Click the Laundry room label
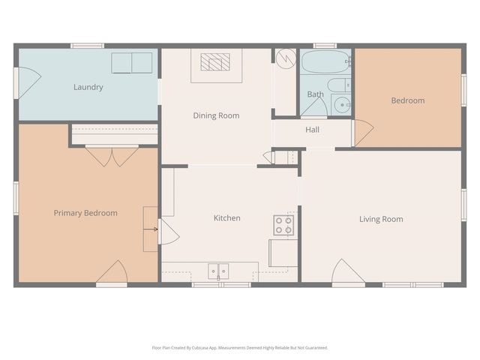[x=88, y=87]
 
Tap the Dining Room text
[x=216, y=115]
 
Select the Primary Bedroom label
[x=85, y=213]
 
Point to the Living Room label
[x=380, y=219]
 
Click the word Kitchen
[x=226, y=218]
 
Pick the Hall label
[x=312, y=130]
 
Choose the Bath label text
[x=315, y=94]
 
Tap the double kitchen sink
[x=218, y=270]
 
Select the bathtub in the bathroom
[x=325, y=61]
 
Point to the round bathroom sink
[x=340, y=105]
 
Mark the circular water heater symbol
[x=285, y=58]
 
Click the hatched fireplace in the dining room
[x=215, y=62]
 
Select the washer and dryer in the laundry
[x=131, y=63]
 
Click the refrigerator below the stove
[x=283, y=253]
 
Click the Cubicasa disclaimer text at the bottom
[x=239, y=348]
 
